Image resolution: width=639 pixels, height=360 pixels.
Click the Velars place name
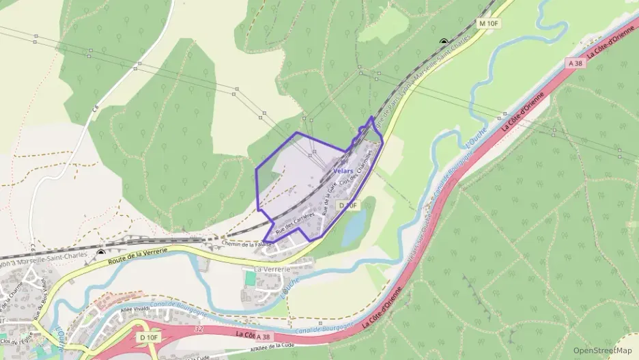(343, 170)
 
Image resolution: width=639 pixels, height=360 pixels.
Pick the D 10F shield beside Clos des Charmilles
(347, 205)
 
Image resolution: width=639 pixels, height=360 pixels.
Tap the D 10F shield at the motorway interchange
(148, 337)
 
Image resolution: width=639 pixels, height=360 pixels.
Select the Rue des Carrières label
(294, 224)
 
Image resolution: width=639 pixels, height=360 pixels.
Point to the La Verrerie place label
(271, 269)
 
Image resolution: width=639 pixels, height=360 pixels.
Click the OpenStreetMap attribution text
(602, 350)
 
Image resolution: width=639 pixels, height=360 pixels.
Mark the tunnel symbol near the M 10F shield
(444, 42)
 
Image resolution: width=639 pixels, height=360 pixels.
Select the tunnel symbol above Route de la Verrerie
(101, 253)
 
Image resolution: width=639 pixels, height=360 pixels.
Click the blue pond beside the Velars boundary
(354, 229)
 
